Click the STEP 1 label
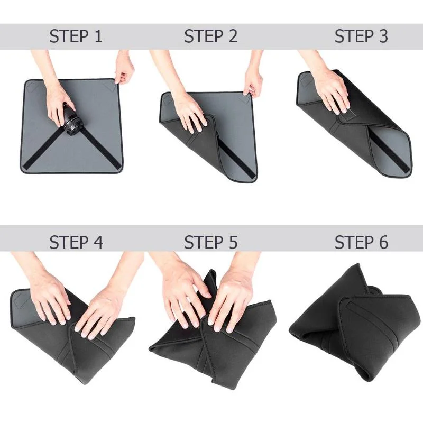[76, 36]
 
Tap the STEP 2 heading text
[210, 36]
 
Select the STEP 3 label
[361, 36]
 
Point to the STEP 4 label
[76, 242]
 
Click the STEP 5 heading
[210, 242]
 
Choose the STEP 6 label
[361, 242]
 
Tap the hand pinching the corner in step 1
[124, 69]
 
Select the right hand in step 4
[100, 312]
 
